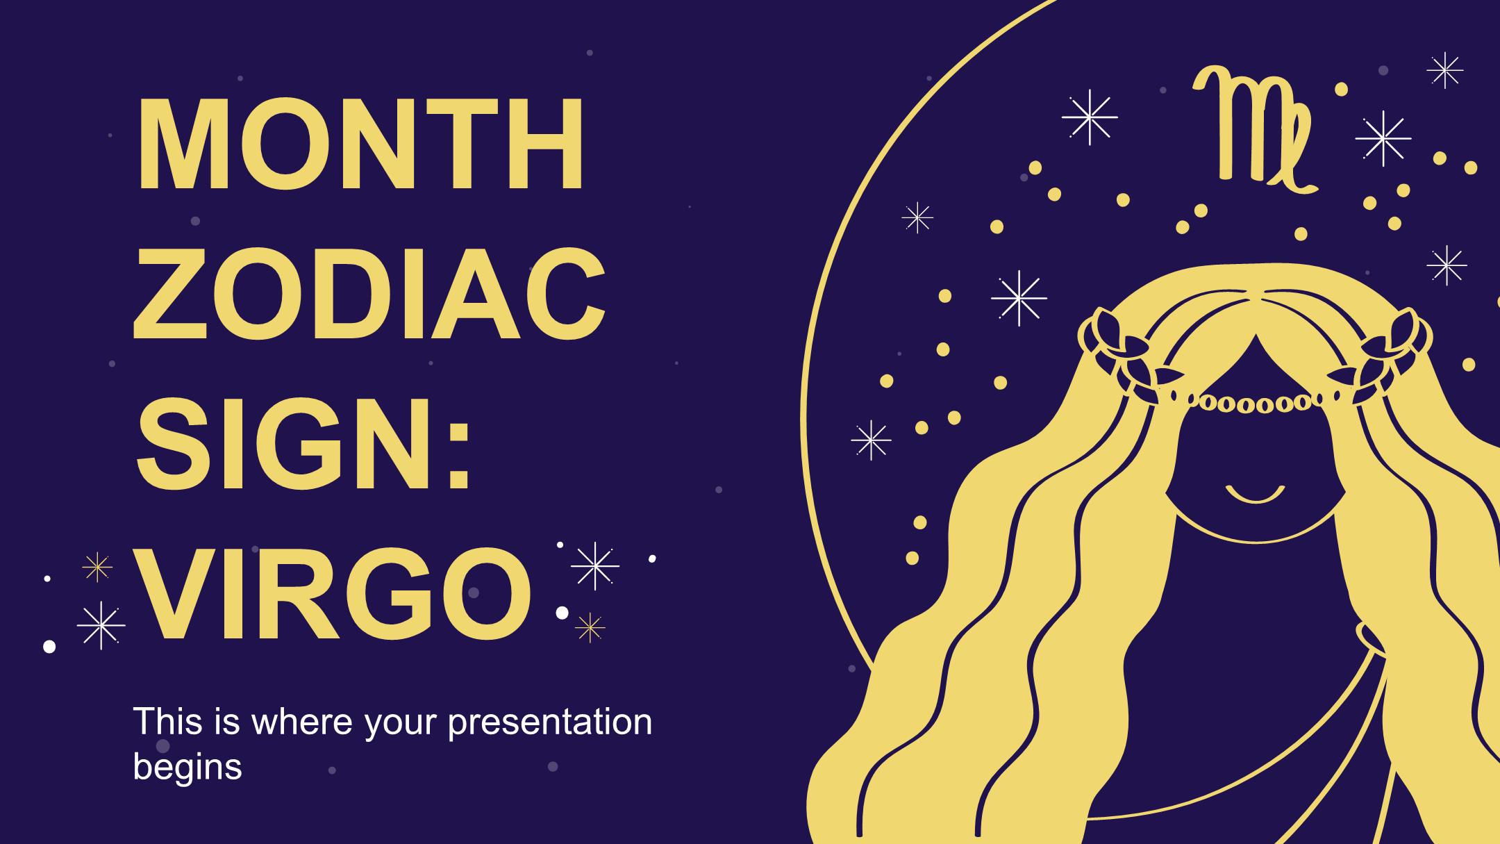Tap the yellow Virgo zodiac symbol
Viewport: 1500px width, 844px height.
tap(1254, 130)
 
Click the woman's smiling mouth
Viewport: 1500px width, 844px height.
tap(1255, 494)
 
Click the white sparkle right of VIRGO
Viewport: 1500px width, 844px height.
tap(595, 566)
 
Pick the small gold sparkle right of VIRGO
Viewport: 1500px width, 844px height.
tap(590, 628)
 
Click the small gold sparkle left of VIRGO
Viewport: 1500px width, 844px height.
tap(97, 568)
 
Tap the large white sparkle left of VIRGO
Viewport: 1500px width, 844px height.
tap(101, 625)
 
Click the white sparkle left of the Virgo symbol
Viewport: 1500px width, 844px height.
tap(1090, 117)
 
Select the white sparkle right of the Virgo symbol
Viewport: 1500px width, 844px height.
tap(1383, 139)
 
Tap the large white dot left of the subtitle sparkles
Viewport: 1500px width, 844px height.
tap(49, 647)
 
